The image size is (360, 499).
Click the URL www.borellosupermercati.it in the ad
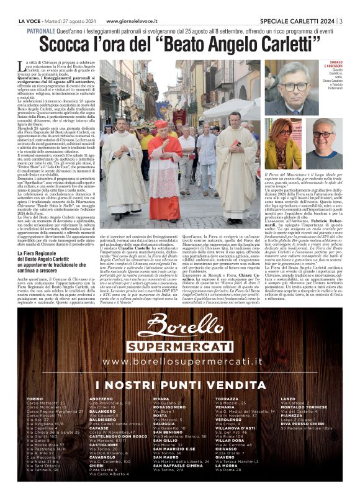[x=181, y=361]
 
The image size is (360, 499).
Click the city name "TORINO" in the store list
[x=35, y=398]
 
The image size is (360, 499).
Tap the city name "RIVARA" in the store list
[x=161, y=398]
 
